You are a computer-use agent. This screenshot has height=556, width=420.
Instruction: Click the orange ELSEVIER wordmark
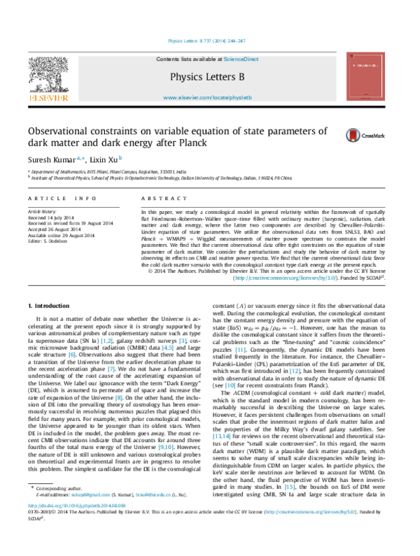tap(48, 99)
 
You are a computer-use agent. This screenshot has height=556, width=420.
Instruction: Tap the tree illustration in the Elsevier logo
tap(48, 74)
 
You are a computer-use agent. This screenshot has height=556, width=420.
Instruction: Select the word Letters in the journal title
tap(220, 76)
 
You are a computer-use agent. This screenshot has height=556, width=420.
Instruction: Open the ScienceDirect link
tap(241, 59)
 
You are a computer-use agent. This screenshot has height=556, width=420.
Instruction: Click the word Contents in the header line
tap(168, 59)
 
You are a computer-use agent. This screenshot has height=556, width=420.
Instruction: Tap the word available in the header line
tap(205, 59)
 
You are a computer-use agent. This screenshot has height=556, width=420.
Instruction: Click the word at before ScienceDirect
tap(220, 59)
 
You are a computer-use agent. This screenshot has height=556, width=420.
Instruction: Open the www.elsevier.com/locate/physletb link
tap(207, 98)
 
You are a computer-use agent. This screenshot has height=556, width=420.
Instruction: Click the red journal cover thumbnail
tap(365, 76)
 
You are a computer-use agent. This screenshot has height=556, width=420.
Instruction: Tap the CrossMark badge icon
tap(353, 135)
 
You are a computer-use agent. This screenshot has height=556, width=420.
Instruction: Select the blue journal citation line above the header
tap(207, 41)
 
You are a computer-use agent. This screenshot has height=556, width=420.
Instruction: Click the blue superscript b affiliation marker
tap(120, 158)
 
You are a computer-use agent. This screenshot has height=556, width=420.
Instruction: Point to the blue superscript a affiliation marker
tap(78, 158)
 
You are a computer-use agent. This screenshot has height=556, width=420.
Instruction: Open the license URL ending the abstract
tap(286, 278)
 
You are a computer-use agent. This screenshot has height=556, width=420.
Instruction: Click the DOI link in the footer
tap(77, 505)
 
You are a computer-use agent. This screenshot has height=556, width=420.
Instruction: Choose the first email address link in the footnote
tap(90, 494)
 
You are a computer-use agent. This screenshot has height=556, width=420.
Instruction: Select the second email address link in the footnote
tap(153, 494)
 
